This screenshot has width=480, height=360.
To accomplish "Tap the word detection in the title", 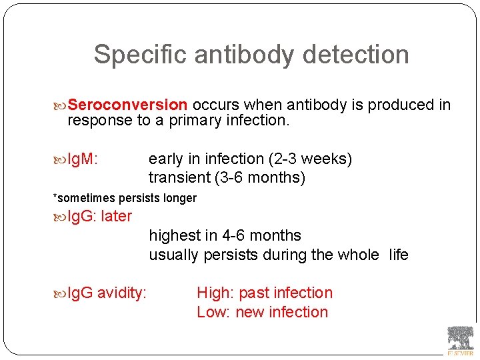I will [359, 55].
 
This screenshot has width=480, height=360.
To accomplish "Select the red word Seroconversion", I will [127, 105].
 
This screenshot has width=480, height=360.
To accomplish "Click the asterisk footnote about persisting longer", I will [125, 198].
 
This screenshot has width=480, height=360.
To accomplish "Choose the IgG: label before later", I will [82, 217].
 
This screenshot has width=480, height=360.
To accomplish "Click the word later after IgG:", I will [116, 217].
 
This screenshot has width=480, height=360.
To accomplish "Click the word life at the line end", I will [398, 255].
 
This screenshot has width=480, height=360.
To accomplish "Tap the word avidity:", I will [122, 293].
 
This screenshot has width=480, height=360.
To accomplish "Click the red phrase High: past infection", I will [264, 293].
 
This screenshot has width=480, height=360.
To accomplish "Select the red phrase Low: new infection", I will [262, 313].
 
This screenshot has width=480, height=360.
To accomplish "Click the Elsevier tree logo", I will [460, 339].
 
